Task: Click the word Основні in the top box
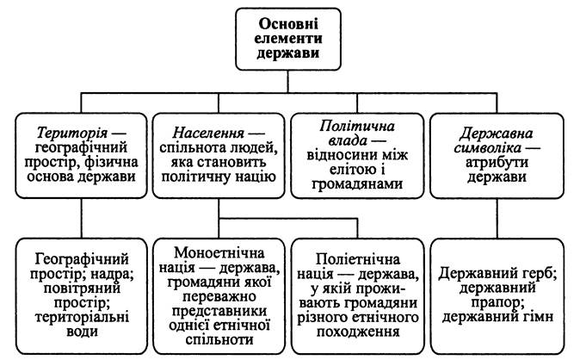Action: [287, 24]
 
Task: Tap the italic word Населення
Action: [208, 133]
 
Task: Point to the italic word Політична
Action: [357, 127]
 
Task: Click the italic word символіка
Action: [488, 148]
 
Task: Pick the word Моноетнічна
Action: [219, 253]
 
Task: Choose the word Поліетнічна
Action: [358, 259]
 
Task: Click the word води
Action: [82, 332]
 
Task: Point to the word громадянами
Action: [357, 184]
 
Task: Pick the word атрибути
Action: [497, 163]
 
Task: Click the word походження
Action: [358, 332]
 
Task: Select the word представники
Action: [219, 311]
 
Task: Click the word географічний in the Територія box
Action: [81, 148]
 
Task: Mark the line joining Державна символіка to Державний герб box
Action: [497, 219]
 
